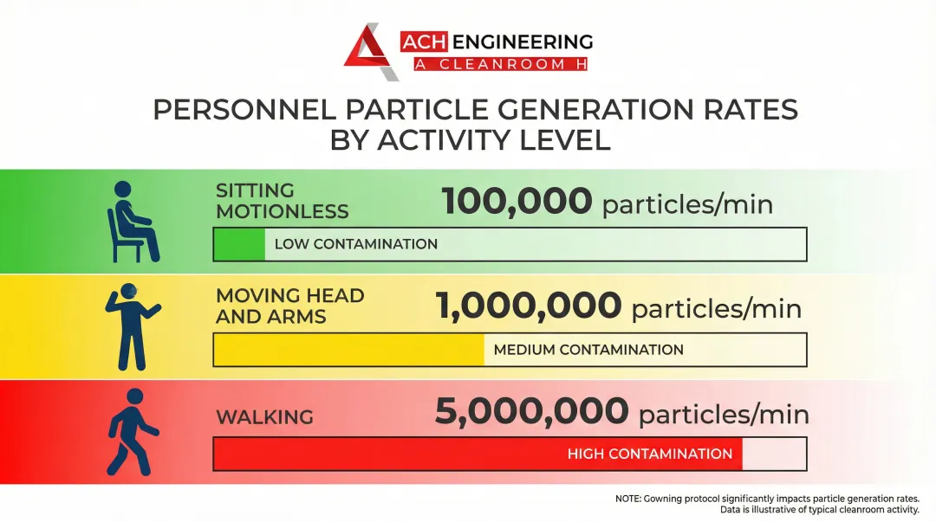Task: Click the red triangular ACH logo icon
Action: tap(370, 51)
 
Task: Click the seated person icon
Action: tap(132, 222)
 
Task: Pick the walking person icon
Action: tap(132, 432)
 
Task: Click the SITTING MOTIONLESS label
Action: tap(282, 201)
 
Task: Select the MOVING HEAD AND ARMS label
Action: tap(289, 306)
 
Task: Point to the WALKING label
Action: tap(264, 417)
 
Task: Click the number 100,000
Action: tap(517, 202)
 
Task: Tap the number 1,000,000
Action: tap(528, 306)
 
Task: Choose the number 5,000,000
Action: tap(531, 412)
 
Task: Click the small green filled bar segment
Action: tap(240, 244)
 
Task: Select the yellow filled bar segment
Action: tap(348, 350)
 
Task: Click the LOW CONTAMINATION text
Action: tap(355, 244)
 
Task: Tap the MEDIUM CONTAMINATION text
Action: tap(588, 350)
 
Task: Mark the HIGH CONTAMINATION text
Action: tap(649, 454)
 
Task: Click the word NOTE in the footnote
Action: tap(628, 499)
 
